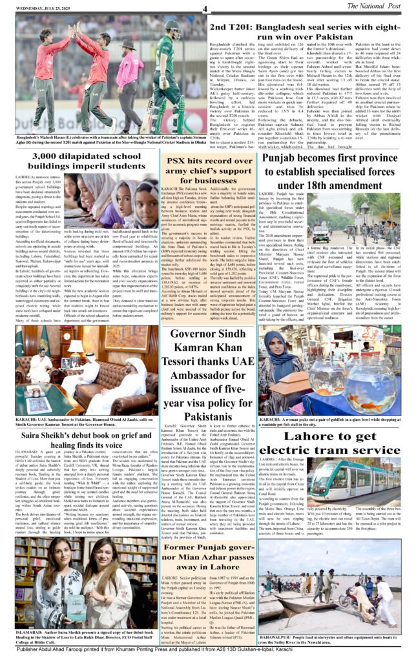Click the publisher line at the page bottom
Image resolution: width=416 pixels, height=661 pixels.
click(x=208, y=654)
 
